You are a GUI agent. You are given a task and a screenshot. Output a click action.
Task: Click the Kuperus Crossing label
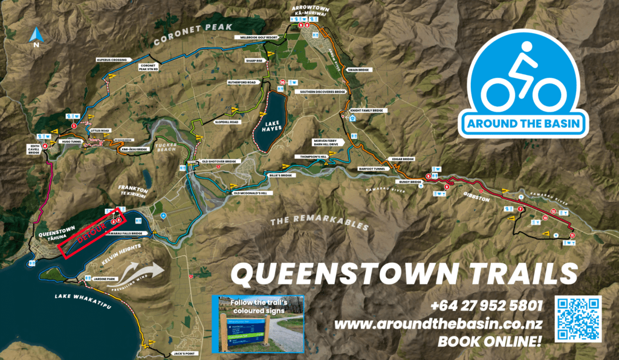click(x=112, y=60)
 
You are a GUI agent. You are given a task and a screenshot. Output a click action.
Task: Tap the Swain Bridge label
click(x=358, y=70)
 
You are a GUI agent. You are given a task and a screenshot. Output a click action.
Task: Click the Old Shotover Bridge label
click(x=222, y=161)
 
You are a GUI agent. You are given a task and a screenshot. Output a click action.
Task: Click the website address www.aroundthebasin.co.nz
click(x=438, y=324)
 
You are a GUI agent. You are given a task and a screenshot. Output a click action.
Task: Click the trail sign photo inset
click(x=258, y=324)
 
